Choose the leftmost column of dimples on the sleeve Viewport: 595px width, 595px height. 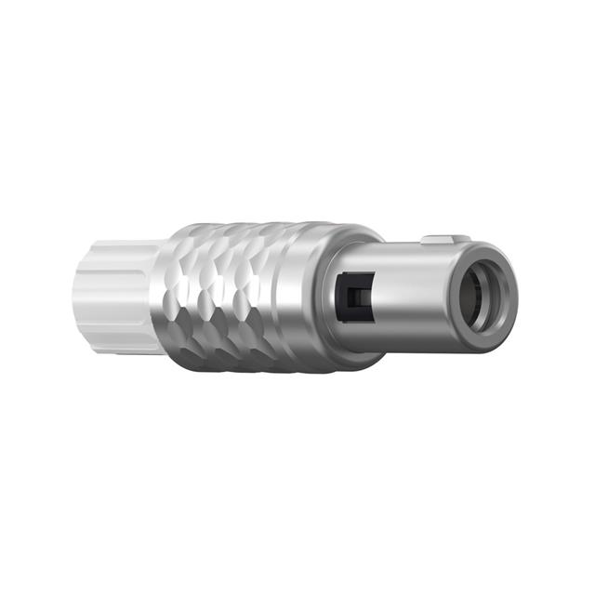181,297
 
